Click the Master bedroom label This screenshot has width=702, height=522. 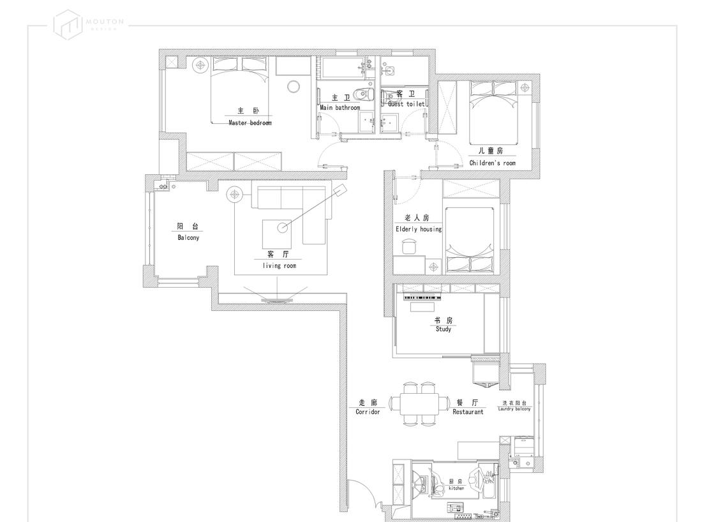click(x=250, y=123)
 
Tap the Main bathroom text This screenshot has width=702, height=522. click(x=340, y=108)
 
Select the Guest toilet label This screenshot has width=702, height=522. click(x=406, y=103)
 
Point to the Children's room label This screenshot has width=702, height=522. click(x=492, y=163)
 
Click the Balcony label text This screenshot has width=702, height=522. click(x=188, y=237)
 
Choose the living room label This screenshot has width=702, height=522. click(x=280, y=265)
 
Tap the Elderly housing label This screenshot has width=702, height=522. click(x=418, y=228)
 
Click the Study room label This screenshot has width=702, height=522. click(x=444, y=329)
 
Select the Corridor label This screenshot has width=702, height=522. click(x=368, y=412)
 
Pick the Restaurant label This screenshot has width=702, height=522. click(x=468, y=412)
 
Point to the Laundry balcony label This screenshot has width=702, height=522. click(x=514, y=408)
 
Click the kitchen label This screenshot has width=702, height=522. click(x=456, y=488)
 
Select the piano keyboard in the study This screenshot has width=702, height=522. click(x=422, y=298)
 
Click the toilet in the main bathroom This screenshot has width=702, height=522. click(x=364, y=94)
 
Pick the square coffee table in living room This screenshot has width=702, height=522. click(x=278, y=234)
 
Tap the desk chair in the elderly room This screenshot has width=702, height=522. click(x=408, y=246)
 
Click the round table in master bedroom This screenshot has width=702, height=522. click(x=294, y=87)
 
